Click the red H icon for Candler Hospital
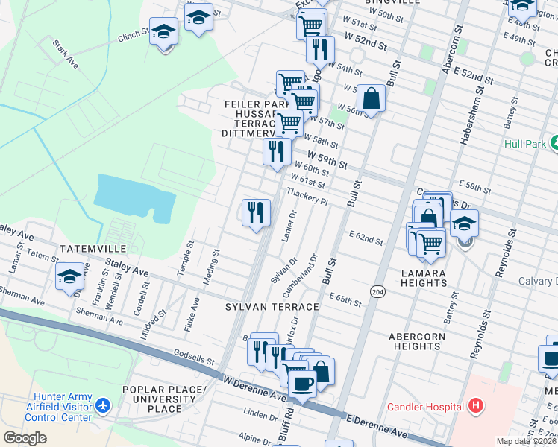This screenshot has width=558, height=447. coord(475,407)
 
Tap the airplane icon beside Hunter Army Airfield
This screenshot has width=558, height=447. coord(102,407)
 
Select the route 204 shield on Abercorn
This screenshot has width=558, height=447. coord(377,291)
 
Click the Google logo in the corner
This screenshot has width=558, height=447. coord(25,438)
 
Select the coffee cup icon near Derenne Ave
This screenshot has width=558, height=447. coord(301,384)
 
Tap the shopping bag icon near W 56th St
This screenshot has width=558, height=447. coord(371,97)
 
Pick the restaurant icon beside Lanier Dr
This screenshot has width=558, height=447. coord(256,212)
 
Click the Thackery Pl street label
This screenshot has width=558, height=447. coord(307,197)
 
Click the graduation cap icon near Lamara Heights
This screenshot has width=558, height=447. coord(464,223)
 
